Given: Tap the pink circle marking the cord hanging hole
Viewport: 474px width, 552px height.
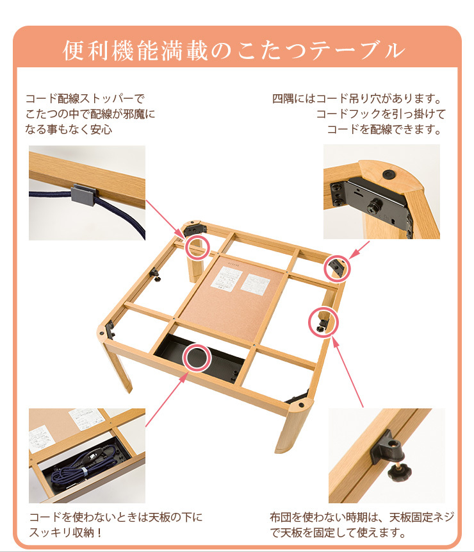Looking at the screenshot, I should point(336,268).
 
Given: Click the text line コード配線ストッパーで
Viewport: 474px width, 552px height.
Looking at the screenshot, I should point(85,99).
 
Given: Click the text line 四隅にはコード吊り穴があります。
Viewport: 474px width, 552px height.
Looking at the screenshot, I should point(358,99).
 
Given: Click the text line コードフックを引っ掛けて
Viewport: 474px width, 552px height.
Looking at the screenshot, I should point(380,115).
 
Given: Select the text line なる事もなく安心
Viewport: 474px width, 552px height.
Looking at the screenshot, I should point(69,130).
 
